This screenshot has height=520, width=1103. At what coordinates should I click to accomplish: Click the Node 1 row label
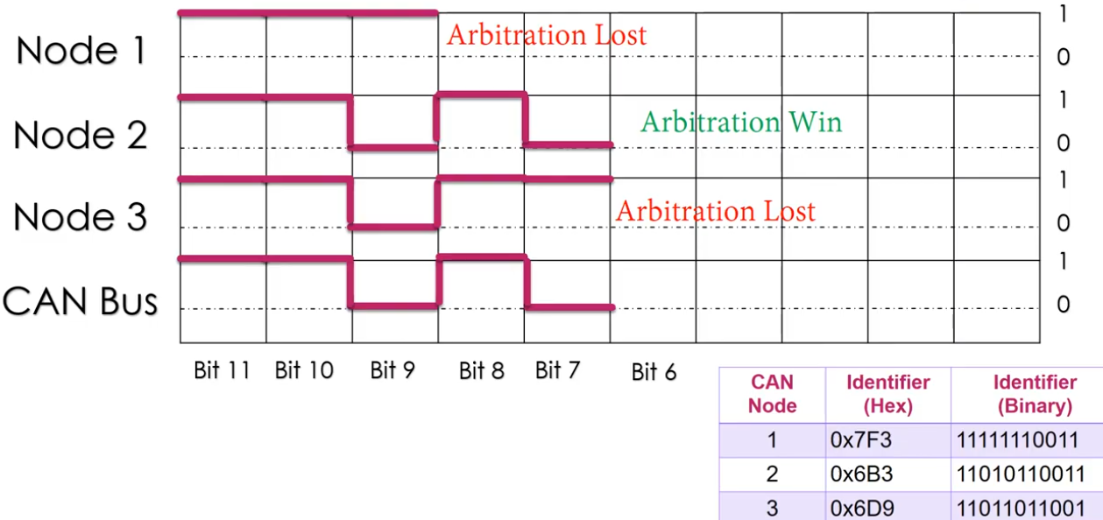pos(81,52)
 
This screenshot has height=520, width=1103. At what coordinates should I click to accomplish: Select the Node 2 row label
pos(81,136)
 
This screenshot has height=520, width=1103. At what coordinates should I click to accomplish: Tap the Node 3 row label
pos(81,217)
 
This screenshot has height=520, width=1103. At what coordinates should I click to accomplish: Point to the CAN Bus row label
pos(80,301)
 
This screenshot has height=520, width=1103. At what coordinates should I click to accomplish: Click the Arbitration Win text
pos(740,122)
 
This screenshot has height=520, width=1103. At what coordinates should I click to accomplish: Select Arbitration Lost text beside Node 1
pos(546,35)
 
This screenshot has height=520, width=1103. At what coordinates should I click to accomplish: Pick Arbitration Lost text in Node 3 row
pos(715,211)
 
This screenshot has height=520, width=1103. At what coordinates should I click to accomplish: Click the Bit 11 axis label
pos(222,370)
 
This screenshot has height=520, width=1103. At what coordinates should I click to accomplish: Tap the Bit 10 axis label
pos(304,370)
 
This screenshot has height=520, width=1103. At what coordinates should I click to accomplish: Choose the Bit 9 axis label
pos(392,370)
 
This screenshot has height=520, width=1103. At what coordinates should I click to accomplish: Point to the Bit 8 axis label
pos(481,371)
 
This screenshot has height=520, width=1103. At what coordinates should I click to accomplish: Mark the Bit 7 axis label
pos(557,370)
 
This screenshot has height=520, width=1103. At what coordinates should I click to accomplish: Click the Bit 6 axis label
pos(654,373)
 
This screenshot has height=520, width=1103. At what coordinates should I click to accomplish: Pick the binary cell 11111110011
pos(1018,440)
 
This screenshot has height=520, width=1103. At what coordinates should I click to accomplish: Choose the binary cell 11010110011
pos(1018,474)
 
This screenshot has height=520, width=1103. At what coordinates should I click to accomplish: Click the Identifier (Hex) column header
pos(887,394)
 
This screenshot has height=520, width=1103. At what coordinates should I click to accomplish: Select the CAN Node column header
pos(772,394)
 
